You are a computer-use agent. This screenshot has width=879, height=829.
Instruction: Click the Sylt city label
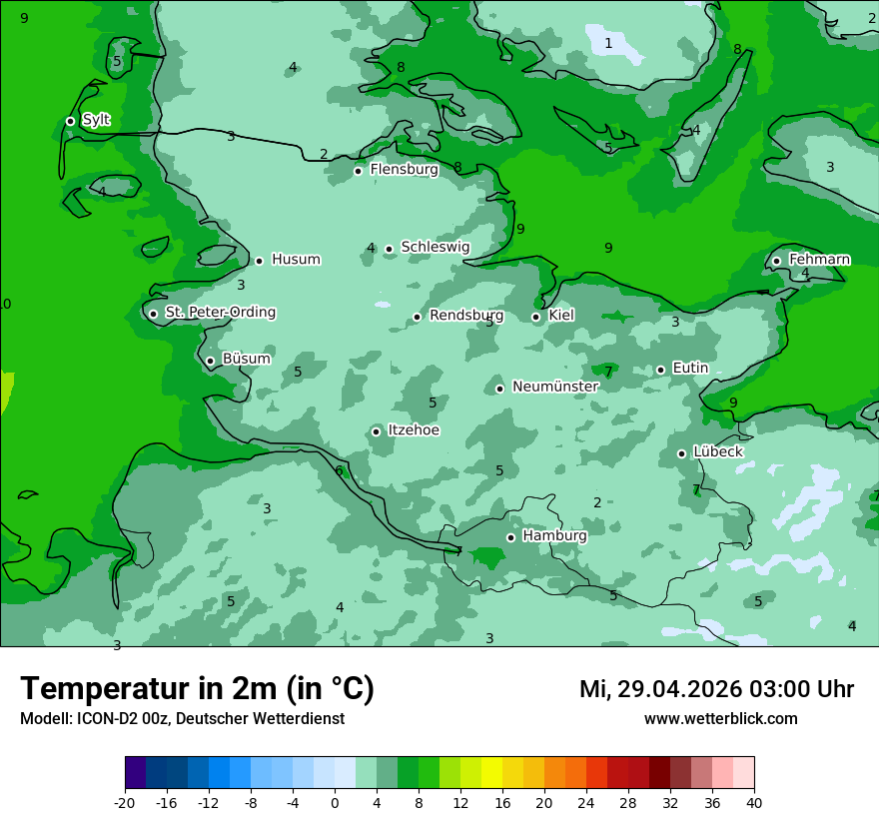tap(96, 120)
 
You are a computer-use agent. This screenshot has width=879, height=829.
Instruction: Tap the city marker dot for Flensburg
tap(358, 171)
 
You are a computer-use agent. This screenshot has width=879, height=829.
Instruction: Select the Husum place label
tap(296, 260)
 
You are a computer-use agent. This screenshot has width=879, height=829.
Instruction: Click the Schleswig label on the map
tap(435, 247)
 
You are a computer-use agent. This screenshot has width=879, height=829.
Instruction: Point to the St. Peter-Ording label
tap(220, 313)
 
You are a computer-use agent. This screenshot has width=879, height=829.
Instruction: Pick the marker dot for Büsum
tap(210, 362)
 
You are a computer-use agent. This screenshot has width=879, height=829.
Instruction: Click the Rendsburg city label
tap(466, 316)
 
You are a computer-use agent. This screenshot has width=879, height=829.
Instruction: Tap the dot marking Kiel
tap(536, 318)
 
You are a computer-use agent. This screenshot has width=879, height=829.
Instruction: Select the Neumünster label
tap(555, 387)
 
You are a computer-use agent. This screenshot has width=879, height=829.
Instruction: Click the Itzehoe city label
tap(414, 430)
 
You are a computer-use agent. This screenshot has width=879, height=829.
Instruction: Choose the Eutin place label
tap(690, 369)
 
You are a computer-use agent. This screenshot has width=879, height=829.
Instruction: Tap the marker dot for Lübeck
tap(681, 453)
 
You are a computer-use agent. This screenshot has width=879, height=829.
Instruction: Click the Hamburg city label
tap(554, 535)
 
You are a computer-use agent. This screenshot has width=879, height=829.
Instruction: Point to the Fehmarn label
tap(819, 260)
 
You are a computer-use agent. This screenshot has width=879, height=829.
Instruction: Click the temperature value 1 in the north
tap(608, 43)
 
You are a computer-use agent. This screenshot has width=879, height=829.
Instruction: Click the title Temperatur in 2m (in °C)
tap(197, 688)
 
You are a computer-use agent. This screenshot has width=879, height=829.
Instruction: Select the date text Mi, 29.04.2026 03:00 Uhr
tap(716, 689)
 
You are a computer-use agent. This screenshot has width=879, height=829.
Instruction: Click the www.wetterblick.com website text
tap(720, 718)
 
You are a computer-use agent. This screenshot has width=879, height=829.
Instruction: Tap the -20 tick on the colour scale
tap(125, 802)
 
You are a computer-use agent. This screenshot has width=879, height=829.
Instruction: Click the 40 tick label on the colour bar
tap(753, 802)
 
